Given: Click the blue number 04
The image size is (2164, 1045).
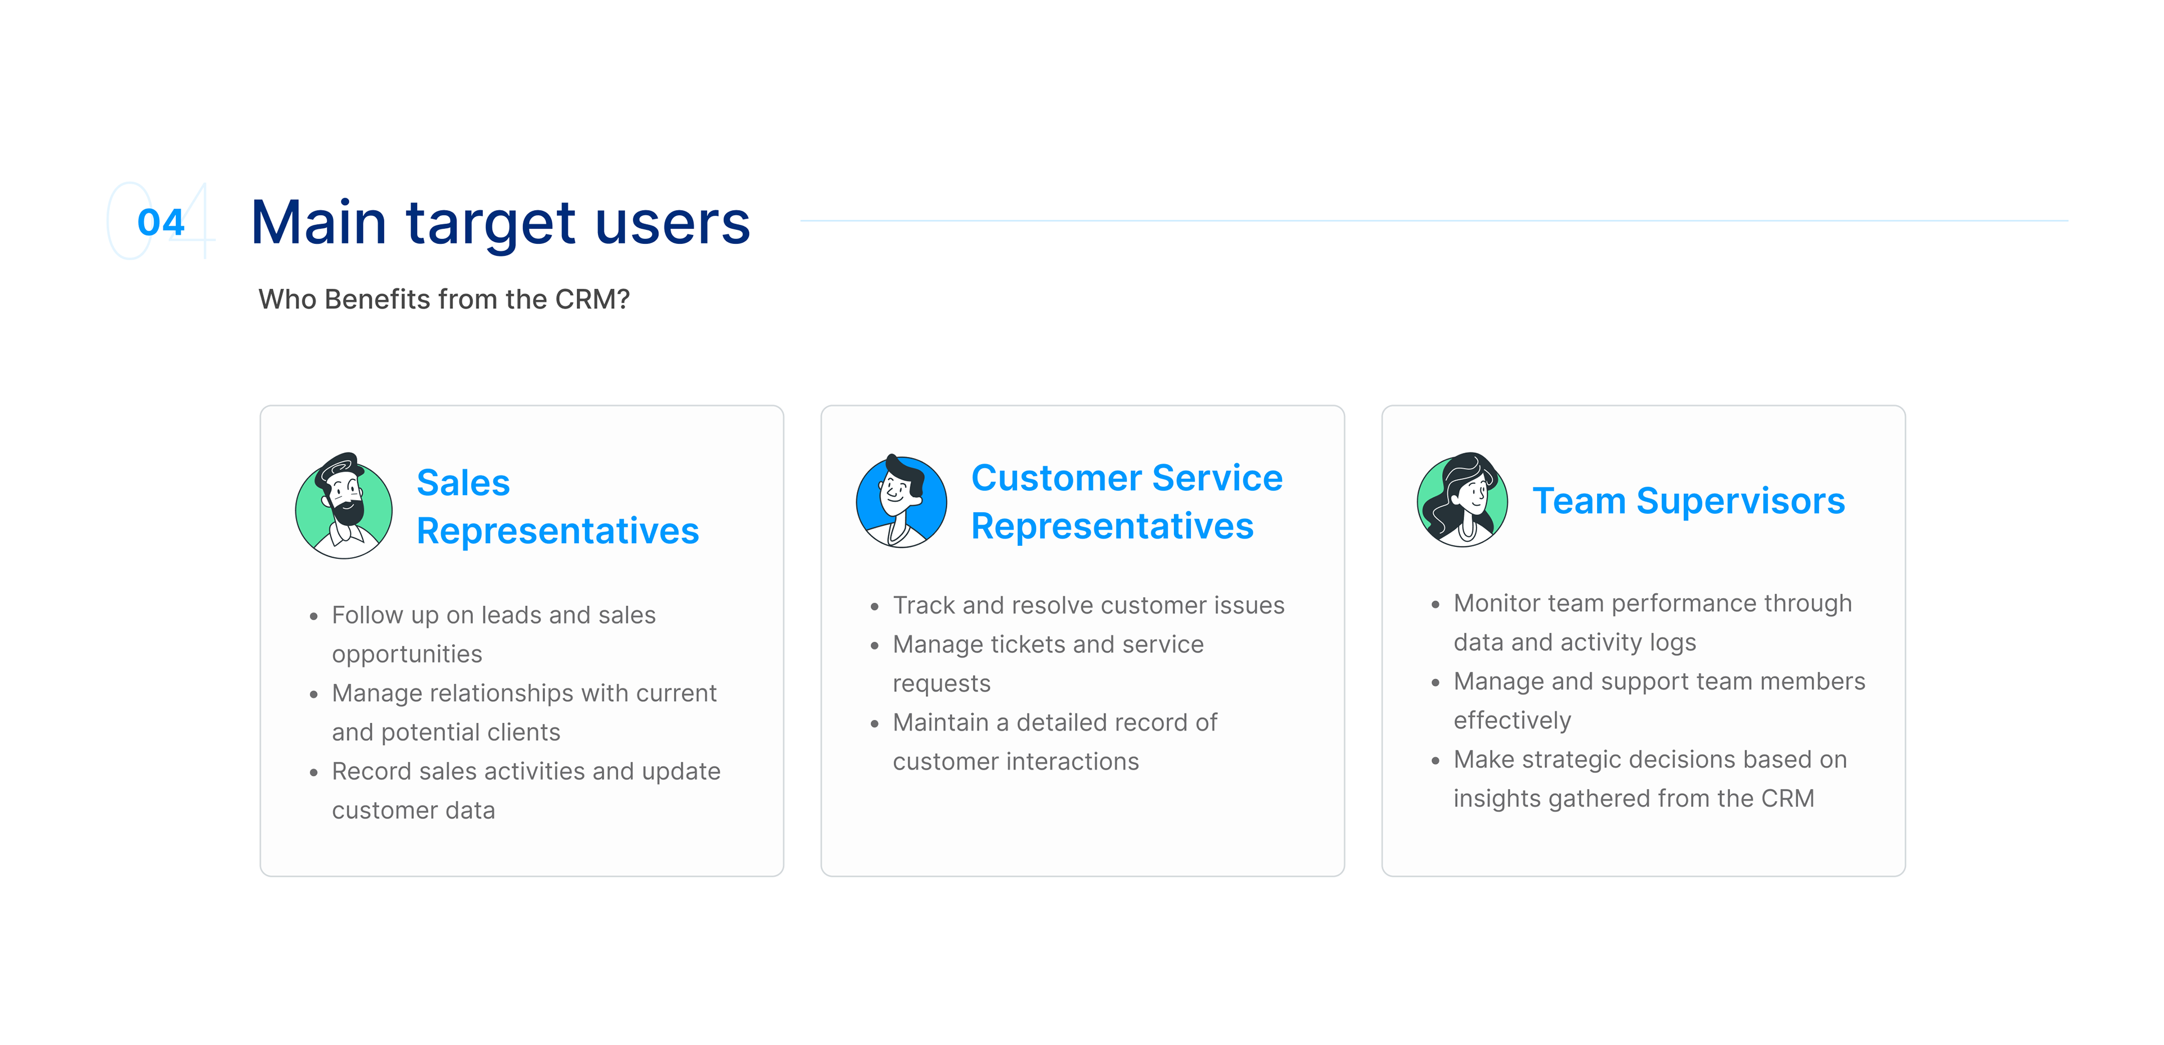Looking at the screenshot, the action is (x=161, y=223).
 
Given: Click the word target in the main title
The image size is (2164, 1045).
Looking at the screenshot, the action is (x=491, y=225).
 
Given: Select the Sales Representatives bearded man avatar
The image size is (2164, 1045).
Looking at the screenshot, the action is (x=344, y=506).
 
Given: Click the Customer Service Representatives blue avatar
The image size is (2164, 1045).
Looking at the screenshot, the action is (x=902, y=501).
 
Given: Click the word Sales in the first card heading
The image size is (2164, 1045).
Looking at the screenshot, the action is (x=463, y=483).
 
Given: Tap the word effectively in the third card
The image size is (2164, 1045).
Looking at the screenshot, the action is (x=1512, y=721).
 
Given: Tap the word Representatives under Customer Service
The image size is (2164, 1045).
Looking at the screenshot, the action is (x=1112, y=527).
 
